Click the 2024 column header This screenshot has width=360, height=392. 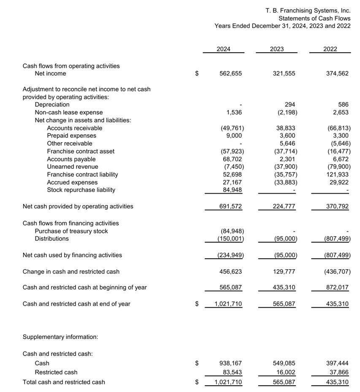(x=223, y=49)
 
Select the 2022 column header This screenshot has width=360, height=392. (x=330, y=49)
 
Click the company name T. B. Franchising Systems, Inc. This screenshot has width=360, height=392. (x=308, y=11)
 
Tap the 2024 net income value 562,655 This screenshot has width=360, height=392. (x=231, y=73)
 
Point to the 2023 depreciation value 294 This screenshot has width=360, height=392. (x=290, y=105)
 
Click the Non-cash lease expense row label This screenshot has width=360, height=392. (x=68, y=112)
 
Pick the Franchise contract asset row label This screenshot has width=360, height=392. (x=81, y=151)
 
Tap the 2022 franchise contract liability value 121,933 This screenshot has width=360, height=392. (x=338, y=174)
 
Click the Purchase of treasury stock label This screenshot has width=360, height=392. (x=71, y=231)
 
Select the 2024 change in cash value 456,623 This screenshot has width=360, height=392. (x=231, y=272)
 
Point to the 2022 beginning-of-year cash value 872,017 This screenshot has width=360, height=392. (x=338, y=287)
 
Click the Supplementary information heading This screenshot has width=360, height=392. (x=60, y=337)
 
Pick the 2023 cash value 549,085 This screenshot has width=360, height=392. (x=284, y=363)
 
